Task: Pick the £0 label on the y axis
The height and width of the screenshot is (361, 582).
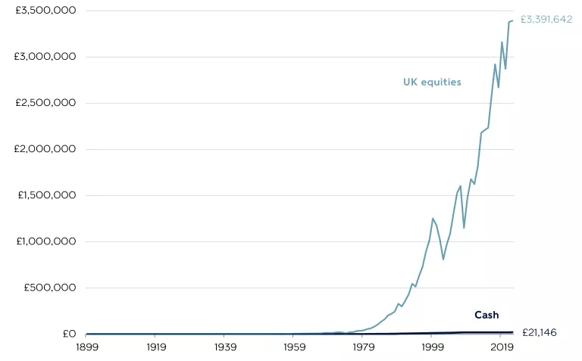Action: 69,334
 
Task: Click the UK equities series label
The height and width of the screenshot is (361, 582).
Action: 432,82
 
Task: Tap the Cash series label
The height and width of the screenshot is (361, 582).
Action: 487,315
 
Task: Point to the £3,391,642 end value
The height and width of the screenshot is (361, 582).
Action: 546,20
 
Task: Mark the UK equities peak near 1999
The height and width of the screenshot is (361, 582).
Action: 433,219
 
